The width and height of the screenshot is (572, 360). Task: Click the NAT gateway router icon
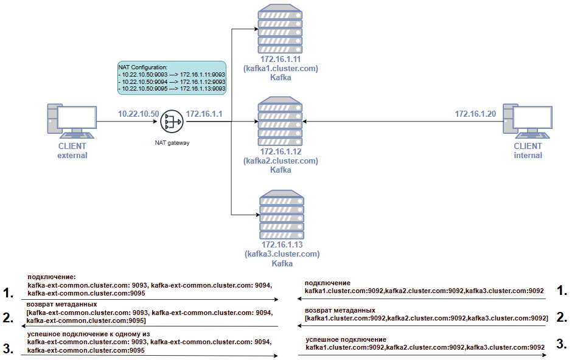click(172, 122)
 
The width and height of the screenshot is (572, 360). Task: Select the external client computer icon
click(72, 122)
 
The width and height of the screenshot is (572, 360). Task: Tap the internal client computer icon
click(528, 122)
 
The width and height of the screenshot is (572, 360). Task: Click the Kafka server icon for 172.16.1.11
click(280, 29)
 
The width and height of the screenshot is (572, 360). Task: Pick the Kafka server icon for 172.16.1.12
click(280, 122)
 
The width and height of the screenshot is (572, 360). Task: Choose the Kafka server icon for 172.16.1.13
click(282, 215)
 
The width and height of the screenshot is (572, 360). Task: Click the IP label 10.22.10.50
click(139, 114)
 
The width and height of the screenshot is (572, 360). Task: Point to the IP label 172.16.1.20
click(475, 114)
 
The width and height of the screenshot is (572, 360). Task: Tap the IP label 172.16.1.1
click(204, 114)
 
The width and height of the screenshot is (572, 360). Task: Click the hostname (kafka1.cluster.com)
click(281, 69)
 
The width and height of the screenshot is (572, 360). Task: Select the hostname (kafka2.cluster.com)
click(281, 161)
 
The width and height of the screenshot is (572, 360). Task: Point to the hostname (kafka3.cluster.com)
click(282, 254)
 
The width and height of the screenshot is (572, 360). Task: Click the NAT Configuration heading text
click(143, 67)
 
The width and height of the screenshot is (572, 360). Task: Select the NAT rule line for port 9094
click(172, 81)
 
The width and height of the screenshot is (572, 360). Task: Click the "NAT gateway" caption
click(172, 143)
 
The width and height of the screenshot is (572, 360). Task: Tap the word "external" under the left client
click(72, 156)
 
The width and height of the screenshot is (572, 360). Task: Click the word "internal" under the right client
click(528, 156)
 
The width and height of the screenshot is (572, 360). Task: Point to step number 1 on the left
click(8, 292)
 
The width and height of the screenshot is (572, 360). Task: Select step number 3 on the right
click(562, 344)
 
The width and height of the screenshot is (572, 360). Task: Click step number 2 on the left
click(8, 317)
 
